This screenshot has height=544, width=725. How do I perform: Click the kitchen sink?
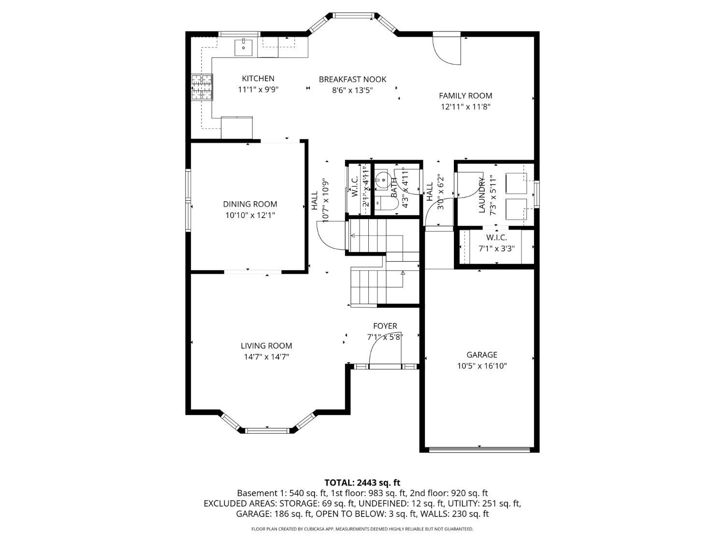(244, 47)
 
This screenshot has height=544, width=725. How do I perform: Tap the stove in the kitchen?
(202, 87)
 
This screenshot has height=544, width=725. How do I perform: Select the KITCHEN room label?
(258, 79)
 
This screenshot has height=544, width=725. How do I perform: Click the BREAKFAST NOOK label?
(352, 79)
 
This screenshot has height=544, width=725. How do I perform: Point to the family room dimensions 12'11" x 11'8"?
(465, 107)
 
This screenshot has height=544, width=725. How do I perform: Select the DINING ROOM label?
(250, 204)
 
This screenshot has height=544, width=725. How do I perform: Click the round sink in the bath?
(383, 180)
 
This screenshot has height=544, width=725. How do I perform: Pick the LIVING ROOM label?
(266, 346)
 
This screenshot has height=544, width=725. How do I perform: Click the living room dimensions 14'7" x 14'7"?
(266, 357)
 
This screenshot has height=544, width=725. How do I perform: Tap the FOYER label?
(385, 326)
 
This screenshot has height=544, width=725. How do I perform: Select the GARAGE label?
(481, 355)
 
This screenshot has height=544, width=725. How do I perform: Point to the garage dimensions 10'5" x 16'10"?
(481, 366)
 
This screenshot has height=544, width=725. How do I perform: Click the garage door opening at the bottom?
(479, 449)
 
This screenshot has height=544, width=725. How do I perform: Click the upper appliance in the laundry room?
(516, 183)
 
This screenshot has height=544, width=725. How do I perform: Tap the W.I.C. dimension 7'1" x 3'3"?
(496, 249)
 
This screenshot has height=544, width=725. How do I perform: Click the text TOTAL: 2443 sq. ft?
(362, 483)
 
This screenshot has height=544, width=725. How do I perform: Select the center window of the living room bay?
(267, 430)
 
